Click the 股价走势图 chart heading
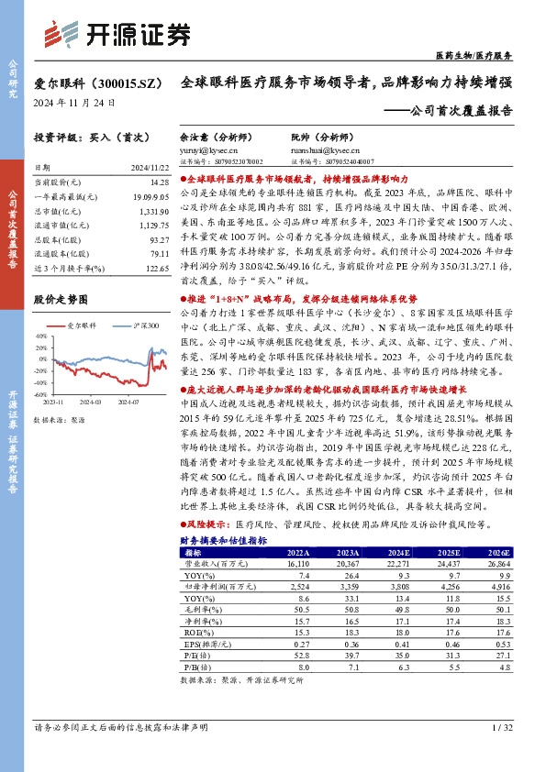coord(61,299)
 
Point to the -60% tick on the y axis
coord(42,393)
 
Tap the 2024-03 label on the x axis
coord(89,402)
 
